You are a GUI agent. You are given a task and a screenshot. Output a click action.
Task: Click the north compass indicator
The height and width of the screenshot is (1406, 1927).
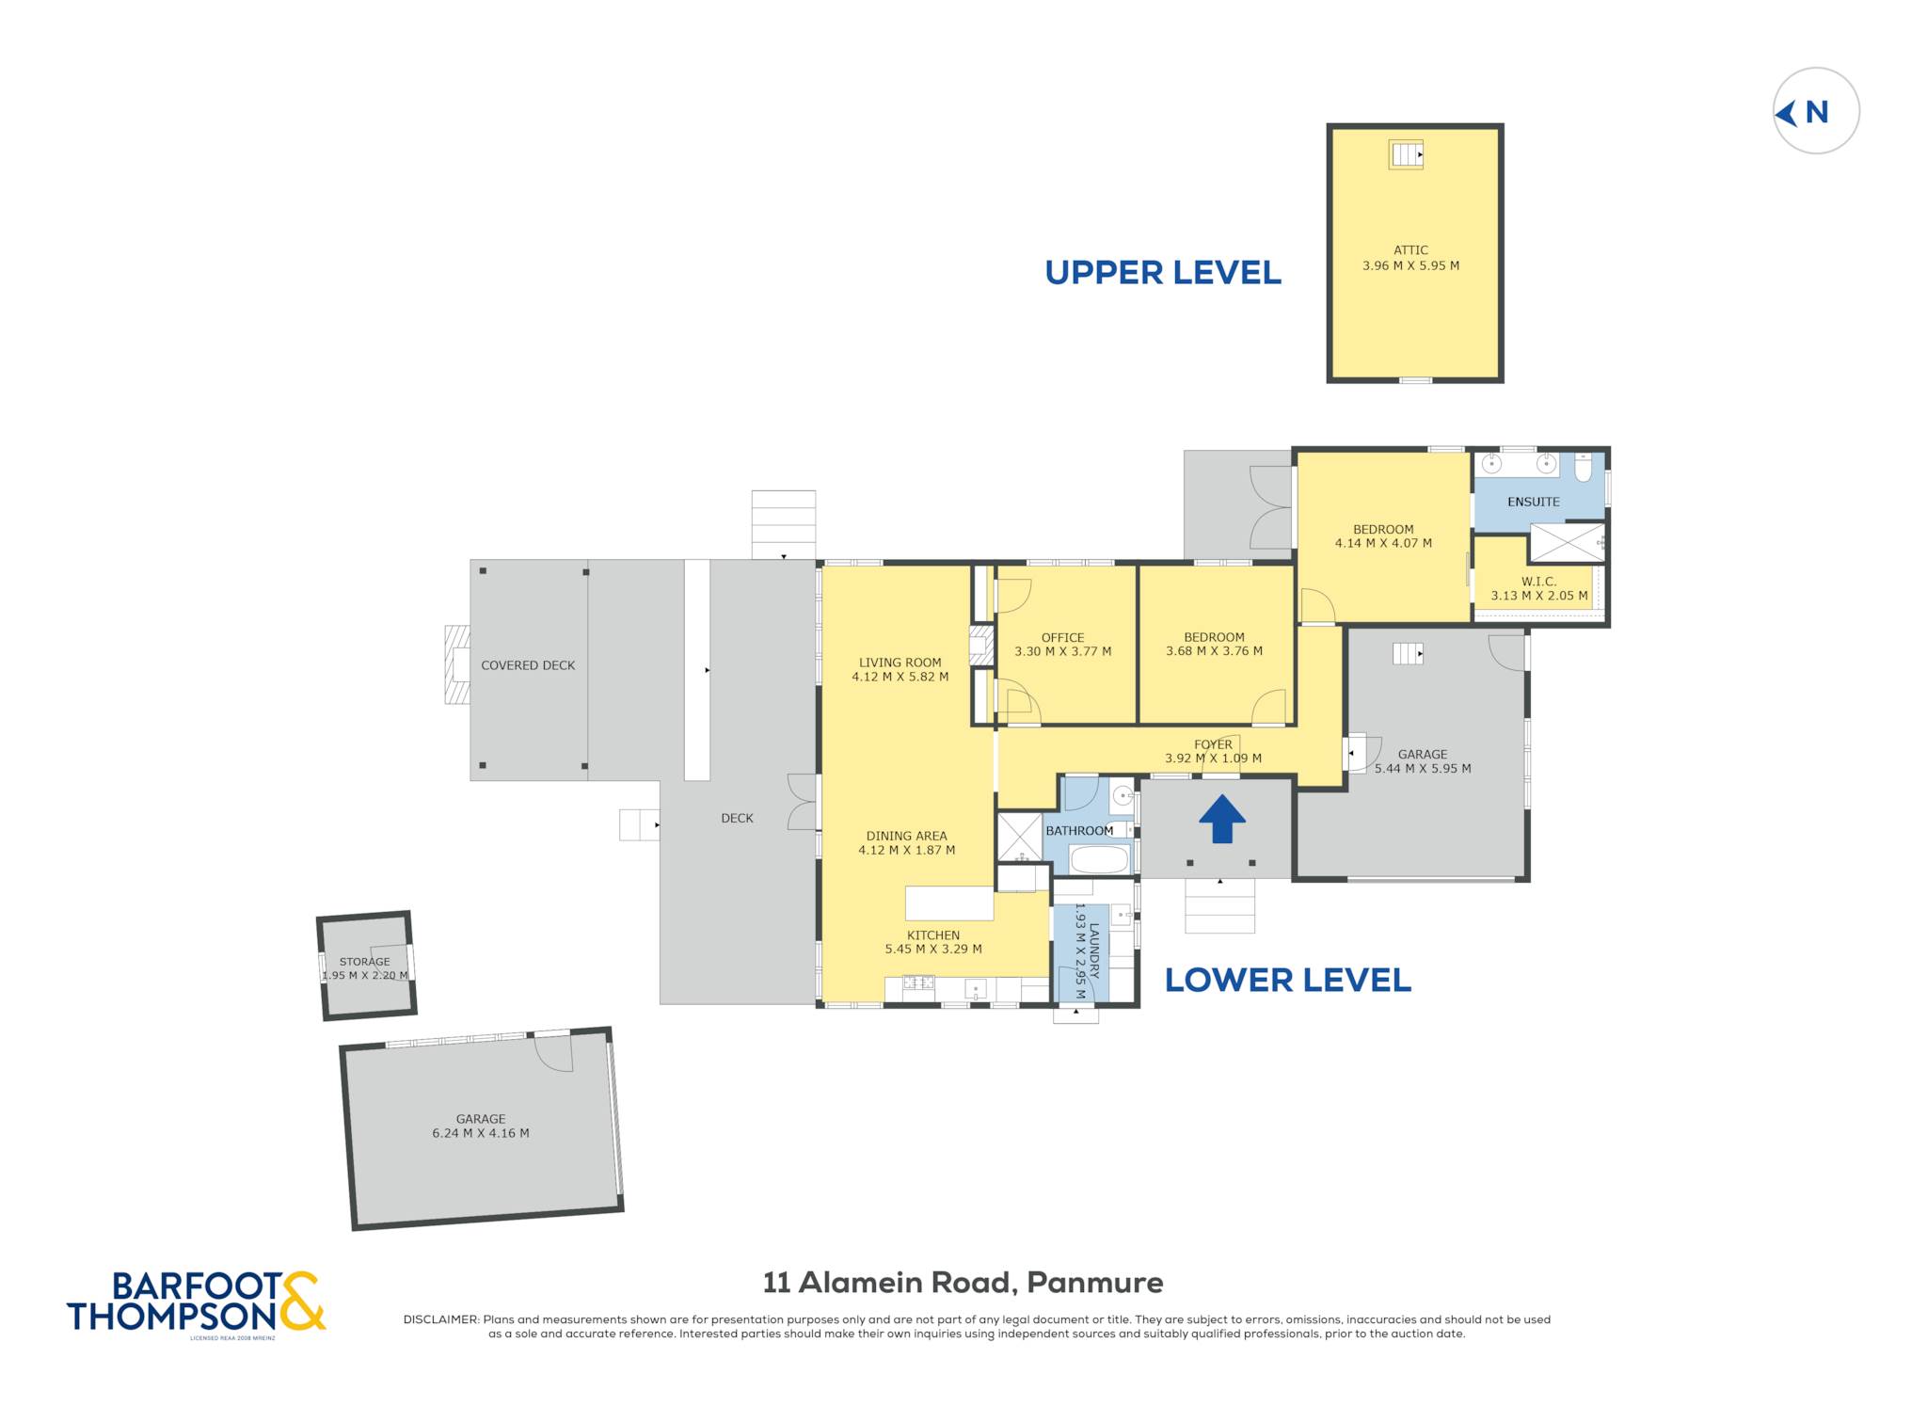[1815, 111]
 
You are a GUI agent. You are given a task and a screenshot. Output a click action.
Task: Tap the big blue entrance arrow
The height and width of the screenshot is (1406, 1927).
[1221, 819]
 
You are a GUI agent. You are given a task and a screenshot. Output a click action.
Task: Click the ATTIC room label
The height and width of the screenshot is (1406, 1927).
[1410, 250]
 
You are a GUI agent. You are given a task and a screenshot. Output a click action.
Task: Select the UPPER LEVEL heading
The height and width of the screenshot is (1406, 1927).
[1163, 273]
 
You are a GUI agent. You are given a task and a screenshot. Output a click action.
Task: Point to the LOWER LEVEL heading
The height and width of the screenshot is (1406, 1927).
[1287, 981]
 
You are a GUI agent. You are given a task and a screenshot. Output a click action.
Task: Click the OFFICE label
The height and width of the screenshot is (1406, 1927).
[1062, 637]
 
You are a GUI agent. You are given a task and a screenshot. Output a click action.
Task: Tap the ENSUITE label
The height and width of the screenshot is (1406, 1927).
[1534, 502]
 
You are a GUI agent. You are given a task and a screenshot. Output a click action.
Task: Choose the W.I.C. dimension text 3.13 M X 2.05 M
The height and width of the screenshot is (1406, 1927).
[1539, 596]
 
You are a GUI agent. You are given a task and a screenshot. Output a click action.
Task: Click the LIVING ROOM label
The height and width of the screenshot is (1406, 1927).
[900, 663]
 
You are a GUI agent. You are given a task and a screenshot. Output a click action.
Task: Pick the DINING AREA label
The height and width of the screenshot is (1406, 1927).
[906, 836]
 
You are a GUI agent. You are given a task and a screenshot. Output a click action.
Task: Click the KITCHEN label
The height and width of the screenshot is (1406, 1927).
[933, 935]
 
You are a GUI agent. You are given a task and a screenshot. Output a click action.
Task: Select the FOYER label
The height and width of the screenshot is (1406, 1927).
[1213, 744]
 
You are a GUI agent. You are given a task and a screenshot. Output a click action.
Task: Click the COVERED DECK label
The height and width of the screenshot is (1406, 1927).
[528, 665]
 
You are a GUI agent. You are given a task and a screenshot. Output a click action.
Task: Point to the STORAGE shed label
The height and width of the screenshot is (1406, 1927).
[364, 962]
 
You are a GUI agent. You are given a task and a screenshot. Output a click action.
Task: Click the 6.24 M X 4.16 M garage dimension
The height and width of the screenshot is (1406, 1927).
[481, 1133]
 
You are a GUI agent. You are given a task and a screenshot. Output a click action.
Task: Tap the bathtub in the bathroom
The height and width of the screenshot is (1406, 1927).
[1099, 859]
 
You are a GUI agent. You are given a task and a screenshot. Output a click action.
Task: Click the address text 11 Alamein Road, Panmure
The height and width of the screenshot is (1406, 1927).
[963, 1283]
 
